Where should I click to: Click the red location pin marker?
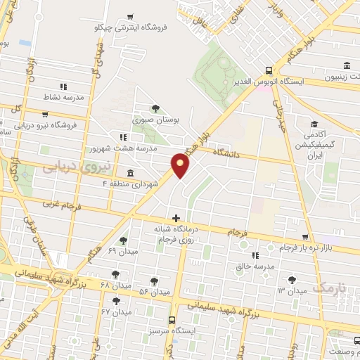[181, 165]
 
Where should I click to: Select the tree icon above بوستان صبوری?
[155, 108]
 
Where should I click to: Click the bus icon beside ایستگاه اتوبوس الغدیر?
[268, 70]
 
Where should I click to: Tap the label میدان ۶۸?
[96, 285]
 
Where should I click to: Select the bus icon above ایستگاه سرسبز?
[173, 319]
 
